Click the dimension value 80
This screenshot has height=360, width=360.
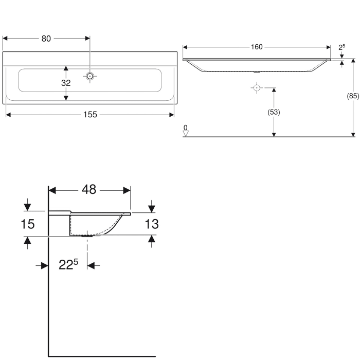pos(46,38)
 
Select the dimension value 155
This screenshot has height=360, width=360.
pos(90,115)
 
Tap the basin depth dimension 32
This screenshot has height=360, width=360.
pos(66,83)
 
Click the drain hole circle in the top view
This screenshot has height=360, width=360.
pos(90,76)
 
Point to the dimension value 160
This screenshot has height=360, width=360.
pos(257,47)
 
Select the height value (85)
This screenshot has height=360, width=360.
pos(353,96)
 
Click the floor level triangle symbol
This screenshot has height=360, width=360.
pos(186,134)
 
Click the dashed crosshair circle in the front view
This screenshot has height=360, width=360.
pos(256,88)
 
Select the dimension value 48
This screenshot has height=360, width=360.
pos(89,189)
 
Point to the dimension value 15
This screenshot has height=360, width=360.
pos(28,224)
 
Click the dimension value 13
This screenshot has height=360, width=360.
pos(151,224)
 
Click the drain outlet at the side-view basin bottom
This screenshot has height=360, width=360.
pos(87,236)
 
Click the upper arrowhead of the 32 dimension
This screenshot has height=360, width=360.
pos(66,67)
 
